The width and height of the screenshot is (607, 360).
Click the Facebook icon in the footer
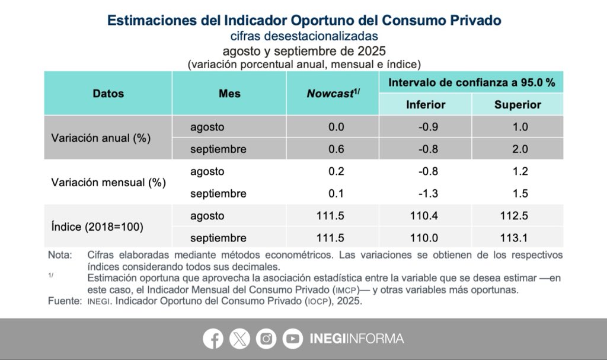pyautogui.click(x=213, y=339)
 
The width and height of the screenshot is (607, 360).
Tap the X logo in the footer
pyautogui.click(x=239, y=339)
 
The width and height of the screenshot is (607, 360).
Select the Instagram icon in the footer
pyautogui.click(x=266, y=339)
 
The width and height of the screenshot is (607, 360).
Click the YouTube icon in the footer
pyautogui.click(x=292, y=339)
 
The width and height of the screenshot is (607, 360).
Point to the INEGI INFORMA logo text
pyautogui.click(x=357, y=339)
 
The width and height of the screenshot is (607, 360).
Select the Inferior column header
pyautogui.click(x=426, y=105)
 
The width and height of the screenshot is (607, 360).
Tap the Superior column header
pyautogui.click(x=517, y=105)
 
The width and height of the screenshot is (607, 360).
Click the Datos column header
pyautogui.click(x=108, y=94)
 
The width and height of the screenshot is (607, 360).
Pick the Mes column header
pyautogui.click(x=229, y=94)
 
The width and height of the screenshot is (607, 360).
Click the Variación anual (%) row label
pyautogui.click(x=101, y=138)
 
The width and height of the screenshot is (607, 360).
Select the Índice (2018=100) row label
pyautogui.click(x=97, y=227)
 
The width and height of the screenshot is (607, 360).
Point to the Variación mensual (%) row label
pyautogui.click(x=108, y=183)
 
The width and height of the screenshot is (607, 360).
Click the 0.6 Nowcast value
pyautogui.click(x=336, y=149)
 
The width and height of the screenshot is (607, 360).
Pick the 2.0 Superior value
pyautogui.click(x=520, y=149)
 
